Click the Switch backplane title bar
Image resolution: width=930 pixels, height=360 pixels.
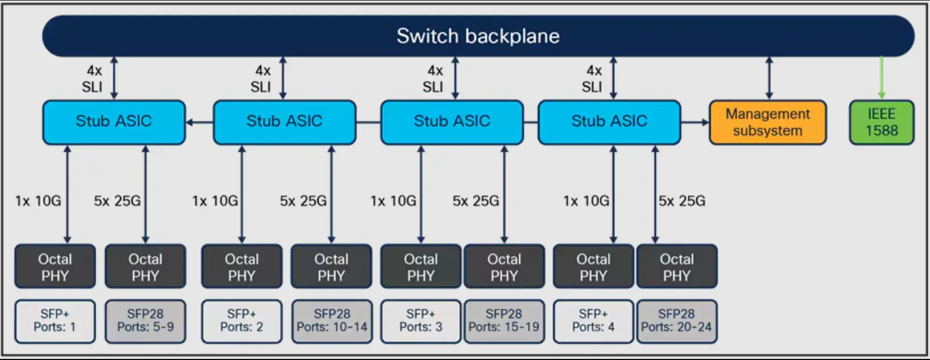coord(478,36)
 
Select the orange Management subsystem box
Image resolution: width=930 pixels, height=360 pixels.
coord(768,122)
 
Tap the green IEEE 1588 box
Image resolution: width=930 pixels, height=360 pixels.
coord(882,122)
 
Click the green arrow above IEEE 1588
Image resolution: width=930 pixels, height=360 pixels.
coord(882,78)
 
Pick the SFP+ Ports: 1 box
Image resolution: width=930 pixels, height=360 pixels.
coord(55,321)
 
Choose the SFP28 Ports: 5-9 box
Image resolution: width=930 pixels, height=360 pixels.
coord(145,321)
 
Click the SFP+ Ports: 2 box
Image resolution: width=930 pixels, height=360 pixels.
coord(242,321)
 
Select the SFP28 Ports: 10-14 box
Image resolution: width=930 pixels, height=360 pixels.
coord(332,321)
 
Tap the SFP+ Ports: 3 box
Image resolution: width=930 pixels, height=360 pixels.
coord(421,321)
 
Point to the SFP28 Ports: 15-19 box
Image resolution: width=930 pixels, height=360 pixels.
coord(504,321)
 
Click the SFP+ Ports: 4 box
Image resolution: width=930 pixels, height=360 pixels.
coord(593,321)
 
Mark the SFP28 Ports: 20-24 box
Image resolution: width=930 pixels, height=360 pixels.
coord(677,321)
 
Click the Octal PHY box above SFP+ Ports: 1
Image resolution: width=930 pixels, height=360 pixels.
coord(55,266)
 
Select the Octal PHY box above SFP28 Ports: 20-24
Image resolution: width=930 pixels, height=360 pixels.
coord(677,266)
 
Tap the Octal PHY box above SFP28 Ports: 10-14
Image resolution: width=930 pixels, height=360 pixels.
coord(332,266)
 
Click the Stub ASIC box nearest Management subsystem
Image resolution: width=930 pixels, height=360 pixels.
coord(610,122)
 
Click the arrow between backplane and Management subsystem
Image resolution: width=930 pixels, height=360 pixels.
coord(769,78)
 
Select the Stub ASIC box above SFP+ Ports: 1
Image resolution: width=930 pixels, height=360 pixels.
coord(114,122)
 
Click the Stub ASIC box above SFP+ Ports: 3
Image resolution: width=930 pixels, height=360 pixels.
coord(452,122)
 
